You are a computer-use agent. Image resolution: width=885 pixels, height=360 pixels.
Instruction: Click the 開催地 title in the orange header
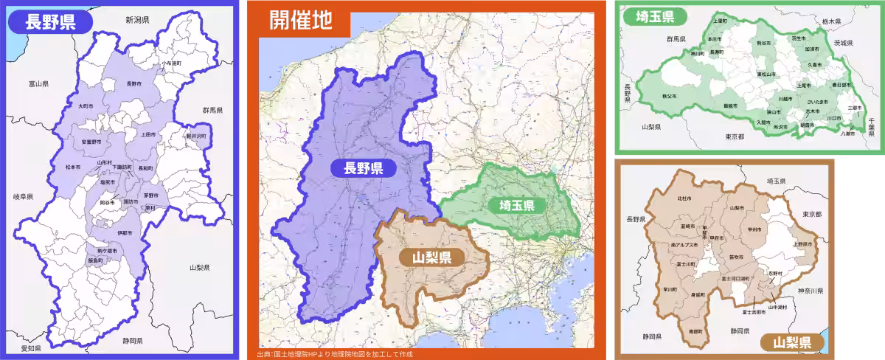click(x=299, y=19)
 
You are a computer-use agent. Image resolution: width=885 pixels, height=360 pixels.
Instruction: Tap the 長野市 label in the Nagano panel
click(x=133, y=83)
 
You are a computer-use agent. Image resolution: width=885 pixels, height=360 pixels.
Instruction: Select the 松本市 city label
click(x=72, y=167)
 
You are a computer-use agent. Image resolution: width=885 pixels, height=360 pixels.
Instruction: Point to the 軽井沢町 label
click(x=196, y=136)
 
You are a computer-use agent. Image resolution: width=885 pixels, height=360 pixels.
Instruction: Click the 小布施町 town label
click(x=172, y=63)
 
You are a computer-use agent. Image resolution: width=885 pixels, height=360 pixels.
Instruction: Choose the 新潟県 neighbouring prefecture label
click(x=137, y=20)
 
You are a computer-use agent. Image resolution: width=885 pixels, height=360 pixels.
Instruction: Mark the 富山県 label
click(x=38, y=84)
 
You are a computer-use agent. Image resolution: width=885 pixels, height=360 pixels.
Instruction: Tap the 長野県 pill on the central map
click(x=362, y=167)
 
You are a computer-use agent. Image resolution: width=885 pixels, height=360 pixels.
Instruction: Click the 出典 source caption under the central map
click(x=335, y=354)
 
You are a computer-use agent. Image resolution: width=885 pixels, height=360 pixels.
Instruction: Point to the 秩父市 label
click(x=670, y=97)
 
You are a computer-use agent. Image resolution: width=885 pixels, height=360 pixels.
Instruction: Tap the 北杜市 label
click(x=684, y=198)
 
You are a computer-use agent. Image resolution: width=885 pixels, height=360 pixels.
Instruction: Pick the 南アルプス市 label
click(x=684, y=244)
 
